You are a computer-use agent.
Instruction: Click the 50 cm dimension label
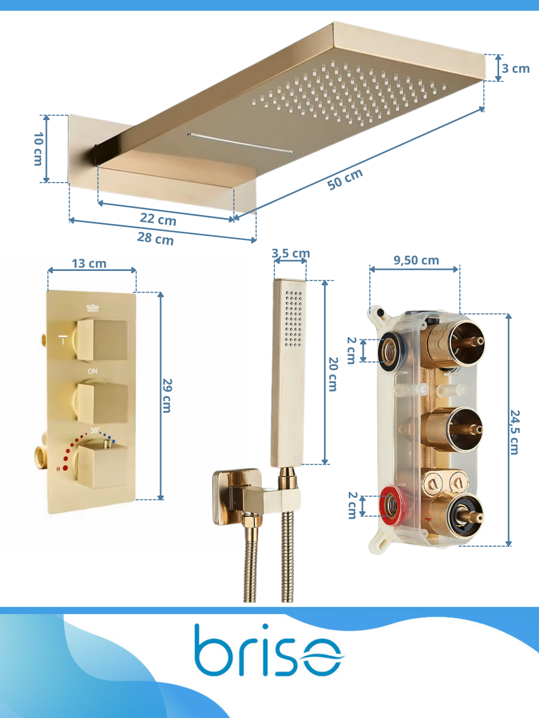(x=345, y=179)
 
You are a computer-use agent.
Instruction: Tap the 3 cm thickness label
(x=516, y=69)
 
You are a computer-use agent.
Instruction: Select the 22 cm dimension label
(x=158, y=219)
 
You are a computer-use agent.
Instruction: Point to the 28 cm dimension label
(x=155, y=239)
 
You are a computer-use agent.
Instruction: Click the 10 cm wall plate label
(x=39, y=149)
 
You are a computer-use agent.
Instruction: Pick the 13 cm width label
(x=89, y=263)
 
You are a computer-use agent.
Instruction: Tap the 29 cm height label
(x=167, y=396)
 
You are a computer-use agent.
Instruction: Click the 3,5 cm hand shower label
(x=291, y=253)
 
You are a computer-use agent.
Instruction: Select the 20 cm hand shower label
(x=333, y=374)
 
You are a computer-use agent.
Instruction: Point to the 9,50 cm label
(x=416, y=260)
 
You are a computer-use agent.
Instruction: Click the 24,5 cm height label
(x=515, y=433)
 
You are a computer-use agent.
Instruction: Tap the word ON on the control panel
(x=93, y=371)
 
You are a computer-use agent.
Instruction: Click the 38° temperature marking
(x=95, y=430)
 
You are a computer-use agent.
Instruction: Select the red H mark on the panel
(x=58, y=469)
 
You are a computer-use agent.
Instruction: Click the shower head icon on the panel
(x=93, y=308)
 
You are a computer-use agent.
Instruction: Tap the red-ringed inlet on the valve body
(x=391, y=505)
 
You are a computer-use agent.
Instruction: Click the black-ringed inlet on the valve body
(x=390, y=352)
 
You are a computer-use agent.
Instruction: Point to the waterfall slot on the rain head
(x=241, y=143)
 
